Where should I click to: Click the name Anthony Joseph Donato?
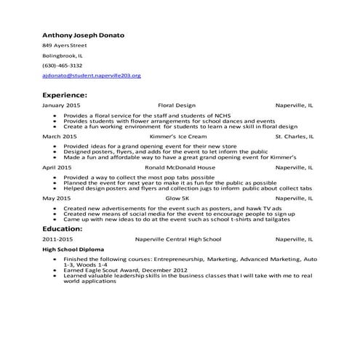(x=84, y=34)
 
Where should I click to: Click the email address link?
(x=91, y=76)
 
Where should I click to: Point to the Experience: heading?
(x=65, y=95)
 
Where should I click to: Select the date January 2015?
(x=61, y=105)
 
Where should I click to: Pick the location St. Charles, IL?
(x=295, y=136)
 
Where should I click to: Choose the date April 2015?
(x=57, y=167)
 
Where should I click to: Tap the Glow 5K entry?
(x=177, y=198)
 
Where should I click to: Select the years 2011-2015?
(x=58, y=239)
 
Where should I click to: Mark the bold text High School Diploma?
(x=74, y=249)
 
